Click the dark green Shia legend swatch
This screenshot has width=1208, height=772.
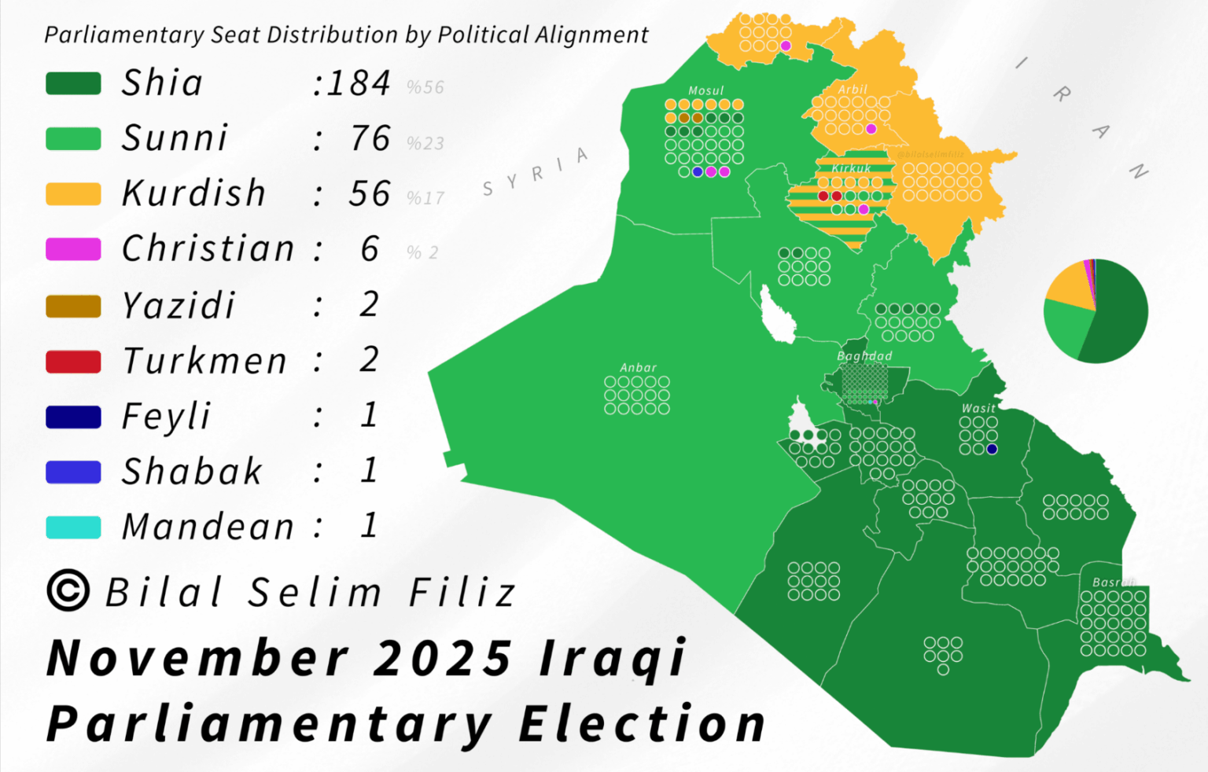(73, 83)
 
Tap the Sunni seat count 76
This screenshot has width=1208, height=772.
(370, 138)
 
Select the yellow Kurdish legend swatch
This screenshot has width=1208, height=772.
(73, 194)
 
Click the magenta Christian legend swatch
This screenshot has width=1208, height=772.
(73, 249)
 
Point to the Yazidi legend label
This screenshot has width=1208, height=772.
(179, 305)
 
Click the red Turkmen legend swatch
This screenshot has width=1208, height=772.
(73, 362)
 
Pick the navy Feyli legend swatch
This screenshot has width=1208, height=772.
(73, 417)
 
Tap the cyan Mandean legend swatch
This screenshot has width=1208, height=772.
(73, 528)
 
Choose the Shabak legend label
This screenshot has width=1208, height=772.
(192, 472)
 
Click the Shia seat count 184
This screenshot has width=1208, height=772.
(359, 83)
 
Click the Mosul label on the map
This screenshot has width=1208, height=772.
(705, 90)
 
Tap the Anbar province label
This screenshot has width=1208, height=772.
(638, 367)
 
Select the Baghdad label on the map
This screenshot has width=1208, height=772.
(864, 356)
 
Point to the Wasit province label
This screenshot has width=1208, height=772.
(978, 408)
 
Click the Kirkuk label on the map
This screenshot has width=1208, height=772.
(852, 168)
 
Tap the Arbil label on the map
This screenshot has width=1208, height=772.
(853, 90)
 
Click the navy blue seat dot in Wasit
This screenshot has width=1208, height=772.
(992, 449)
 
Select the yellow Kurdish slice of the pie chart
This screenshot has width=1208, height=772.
(1067, 285)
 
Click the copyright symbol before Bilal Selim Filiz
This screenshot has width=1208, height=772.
(68, 590)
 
